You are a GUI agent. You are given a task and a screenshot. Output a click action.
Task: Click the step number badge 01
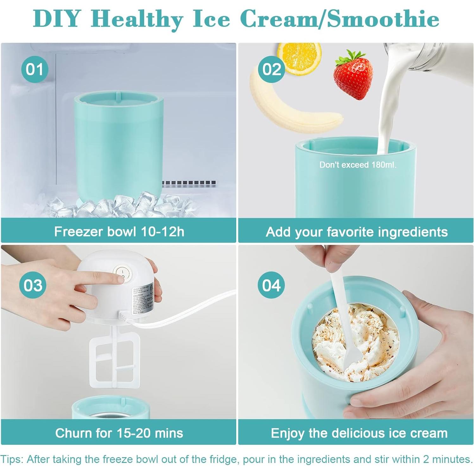click(x=35, y=69)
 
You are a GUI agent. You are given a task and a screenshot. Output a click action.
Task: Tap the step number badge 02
click(x=271, y=69)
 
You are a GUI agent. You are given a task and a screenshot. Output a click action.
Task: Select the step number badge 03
click(x=33, y=285)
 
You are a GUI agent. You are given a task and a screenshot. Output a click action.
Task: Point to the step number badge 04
click(x=271, y=285)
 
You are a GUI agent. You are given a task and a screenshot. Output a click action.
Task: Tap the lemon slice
click(x=300, y=57)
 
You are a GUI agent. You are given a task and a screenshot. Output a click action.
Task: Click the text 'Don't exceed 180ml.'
click(x=357, y=165)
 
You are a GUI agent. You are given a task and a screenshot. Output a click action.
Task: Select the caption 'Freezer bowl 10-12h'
click(x=119, y=231)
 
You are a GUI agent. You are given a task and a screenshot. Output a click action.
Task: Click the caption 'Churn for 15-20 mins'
click(x=119, y=433)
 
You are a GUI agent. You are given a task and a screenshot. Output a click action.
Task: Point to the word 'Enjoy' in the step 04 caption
click(x=288, y=433)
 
